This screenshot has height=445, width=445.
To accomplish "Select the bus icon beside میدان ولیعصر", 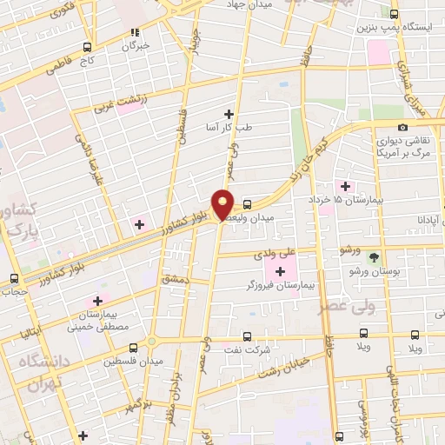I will coord(248,205).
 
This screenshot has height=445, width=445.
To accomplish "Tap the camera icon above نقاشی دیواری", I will coord(402,128).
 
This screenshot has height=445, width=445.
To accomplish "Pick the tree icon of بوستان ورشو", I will coord(374,257).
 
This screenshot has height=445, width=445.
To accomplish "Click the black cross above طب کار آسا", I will coord(229,114).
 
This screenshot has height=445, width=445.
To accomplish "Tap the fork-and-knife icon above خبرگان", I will coord(135,31).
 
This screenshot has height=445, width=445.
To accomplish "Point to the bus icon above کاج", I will coord(87,47).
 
